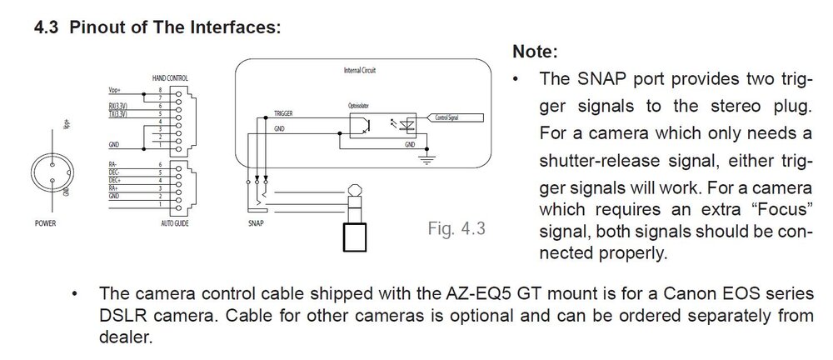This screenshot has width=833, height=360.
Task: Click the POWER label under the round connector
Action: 45,224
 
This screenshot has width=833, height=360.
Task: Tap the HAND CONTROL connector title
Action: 170,77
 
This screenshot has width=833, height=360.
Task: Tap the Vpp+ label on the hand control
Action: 115,89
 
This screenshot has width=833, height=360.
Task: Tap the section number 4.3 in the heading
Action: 46,27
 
